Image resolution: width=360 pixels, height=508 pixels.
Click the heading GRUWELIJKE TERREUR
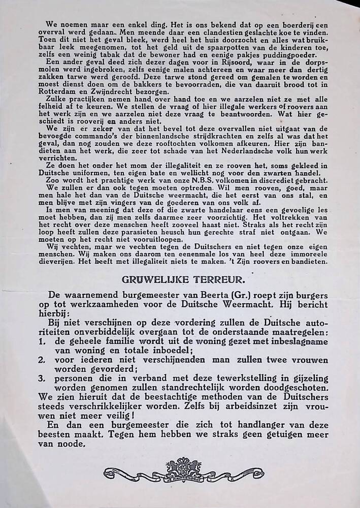tap(180, 278)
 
